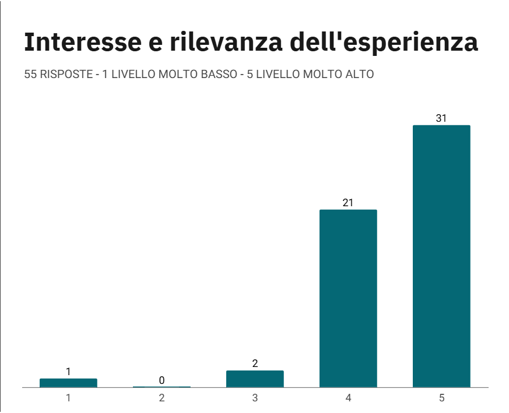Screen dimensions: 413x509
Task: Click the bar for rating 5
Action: [x=441, y=256]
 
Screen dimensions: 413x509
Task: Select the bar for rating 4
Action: [x=348, y=298]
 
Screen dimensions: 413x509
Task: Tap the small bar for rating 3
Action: [x=255, y=379]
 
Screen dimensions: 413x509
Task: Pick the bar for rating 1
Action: [x=68, y=383]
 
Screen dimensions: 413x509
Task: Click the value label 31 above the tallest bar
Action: [x=441, y=118]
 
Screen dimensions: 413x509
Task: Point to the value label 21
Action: [x=348, y=203]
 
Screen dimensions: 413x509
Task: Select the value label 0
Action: [x=162, y=380]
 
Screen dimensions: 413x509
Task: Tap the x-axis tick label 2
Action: [x=162, y=398]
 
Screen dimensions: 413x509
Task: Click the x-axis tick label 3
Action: [x=255, y=398]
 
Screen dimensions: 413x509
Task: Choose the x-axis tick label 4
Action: [x=348, y=398]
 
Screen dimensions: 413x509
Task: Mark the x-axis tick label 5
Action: [x=441, y=398]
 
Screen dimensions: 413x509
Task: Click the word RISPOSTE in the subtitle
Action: [x=64, y=75]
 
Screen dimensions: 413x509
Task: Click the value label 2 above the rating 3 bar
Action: [x=255, y=363]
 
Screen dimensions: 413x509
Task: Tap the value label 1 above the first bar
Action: [x=68, y=372]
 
